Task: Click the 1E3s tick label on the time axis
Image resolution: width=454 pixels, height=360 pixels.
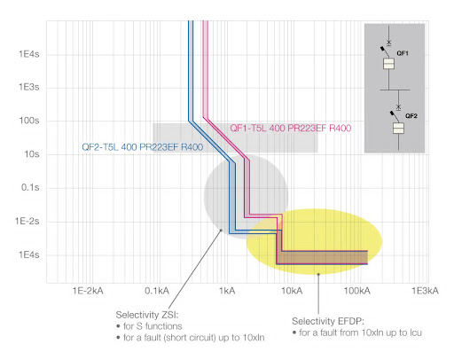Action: click(29, 87)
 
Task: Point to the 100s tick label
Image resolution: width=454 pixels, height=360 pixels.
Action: click(29, 121)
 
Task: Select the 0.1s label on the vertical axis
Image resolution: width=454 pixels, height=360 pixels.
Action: click(30, 187)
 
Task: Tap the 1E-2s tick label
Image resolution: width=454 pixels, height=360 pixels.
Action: click(27, 221)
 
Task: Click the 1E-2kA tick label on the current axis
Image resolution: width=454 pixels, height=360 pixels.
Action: click(88, 291)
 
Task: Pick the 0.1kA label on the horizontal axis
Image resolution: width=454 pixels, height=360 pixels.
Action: click(157, 291)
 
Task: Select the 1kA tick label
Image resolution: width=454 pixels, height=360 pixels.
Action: click(227, 291)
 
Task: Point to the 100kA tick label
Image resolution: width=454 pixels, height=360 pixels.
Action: click(356, 291)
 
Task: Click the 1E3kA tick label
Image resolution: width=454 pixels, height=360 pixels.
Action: click(425, 291)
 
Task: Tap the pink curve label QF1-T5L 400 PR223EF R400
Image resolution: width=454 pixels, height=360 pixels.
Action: click(291, 129)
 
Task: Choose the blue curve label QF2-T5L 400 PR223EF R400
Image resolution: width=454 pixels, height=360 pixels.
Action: click(143, 147)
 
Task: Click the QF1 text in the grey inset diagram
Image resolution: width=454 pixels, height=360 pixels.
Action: click(403, 53)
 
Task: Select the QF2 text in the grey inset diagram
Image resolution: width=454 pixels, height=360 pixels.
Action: click(411, 116)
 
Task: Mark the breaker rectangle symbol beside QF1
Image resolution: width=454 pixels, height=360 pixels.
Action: click(388, 64)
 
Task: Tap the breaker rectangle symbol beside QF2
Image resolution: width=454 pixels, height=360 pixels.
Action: click(398, 129)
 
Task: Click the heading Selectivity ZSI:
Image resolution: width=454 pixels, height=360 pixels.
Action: click(147, 315)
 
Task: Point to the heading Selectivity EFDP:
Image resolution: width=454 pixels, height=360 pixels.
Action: click(328, 321)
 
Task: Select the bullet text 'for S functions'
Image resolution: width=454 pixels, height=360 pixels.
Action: click(153, 326)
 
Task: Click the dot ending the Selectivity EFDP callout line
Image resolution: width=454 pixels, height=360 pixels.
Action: click(318, 274)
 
